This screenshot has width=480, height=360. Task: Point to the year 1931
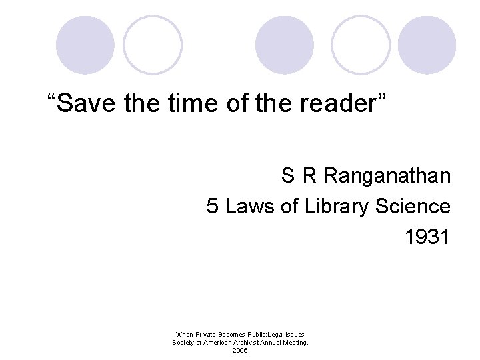pos(427,237)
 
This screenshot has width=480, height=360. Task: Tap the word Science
pos(412,207)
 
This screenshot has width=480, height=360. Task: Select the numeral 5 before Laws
pos(213,207)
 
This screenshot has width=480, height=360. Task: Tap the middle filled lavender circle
pos(285,45)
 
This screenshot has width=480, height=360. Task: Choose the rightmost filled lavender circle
pos(427,45)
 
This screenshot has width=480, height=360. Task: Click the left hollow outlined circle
pos(153,45)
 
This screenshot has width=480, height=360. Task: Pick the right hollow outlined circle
pos(361,45)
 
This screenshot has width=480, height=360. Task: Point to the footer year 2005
pos(240,351)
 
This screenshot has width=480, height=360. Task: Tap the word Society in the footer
pos(184,343)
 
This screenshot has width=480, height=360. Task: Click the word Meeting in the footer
pos(294,343)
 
